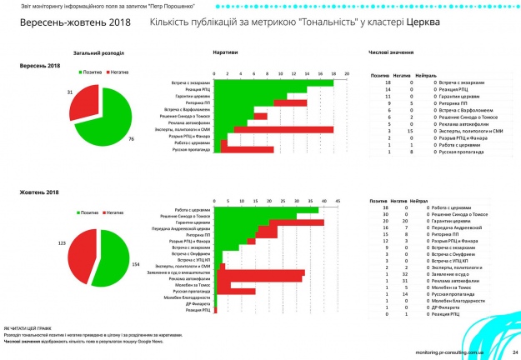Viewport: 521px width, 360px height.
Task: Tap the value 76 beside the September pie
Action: click(x=131, y=137)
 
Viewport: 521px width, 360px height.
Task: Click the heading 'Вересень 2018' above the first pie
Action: click(x=41, y=65)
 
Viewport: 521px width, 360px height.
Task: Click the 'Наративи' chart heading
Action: click(x=223, y=52)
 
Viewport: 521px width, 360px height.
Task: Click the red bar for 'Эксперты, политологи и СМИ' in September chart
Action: click(x=283, y=129)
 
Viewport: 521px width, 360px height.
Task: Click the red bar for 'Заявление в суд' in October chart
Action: click(x=262, y=272)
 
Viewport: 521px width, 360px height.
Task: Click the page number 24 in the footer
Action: click(x=515, y=351)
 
